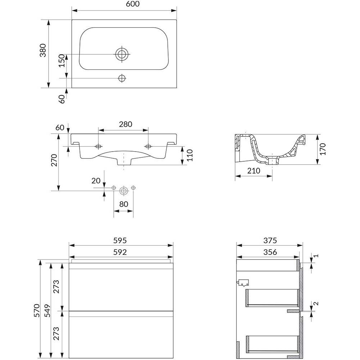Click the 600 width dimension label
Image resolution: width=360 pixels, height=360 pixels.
(x=133, y=4)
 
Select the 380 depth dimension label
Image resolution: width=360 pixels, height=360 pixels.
(x=43, y=50)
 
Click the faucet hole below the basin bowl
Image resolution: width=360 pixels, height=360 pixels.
(x=122, y=78)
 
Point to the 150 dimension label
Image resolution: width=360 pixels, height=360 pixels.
(x=62, y=60)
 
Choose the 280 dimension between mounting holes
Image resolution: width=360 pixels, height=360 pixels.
(x=126, y=124)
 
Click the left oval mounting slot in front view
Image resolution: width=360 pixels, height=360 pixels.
(x=99, y=146)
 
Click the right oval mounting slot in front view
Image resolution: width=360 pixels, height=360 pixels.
(x=148, y=146)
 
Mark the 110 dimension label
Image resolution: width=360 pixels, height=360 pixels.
(x=190, y=155)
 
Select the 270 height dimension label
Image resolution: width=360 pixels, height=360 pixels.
(x=54, y=160)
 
